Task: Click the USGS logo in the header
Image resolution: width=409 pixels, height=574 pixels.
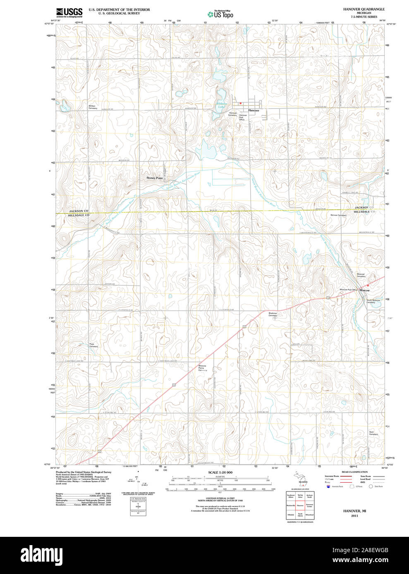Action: pyautogui.click(x=69, y=12)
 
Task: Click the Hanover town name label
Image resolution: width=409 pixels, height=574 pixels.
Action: pyautogui.click(x=254, y=111)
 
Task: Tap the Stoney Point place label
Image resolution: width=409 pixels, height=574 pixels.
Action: pyautogui.click(x=154, y=178)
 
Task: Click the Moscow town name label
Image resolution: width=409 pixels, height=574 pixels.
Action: pyautogui.click(x=364, y=290)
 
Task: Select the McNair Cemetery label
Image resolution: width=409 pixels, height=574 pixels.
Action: pyautogui.click(x=93, y=107)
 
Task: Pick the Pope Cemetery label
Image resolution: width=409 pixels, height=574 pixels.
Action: pyautogui.click(x=93, y=345)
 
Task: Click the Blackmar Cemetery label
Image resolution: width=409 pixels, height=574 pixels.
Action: pyautogui.click(x=273, y=314)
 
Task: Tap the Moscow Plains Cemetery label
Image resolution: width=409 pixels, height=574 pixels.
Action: pyautogui.click(x=202, y=368)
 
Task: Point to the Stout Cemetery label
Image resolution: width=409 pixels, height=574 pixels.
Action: pyautogui.click(x=373, y=433)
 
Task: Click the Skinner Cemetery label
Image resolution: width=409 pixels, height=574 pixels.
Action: pyautogui.click(x=338, y=215)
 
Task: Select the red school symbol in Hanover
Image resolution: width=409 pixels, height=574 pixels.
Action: pyautogui.click(x=240, y=103)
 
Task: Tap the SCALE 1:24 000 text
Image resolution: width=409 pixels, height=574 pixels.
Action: pyautogui.click(x=220, y=472)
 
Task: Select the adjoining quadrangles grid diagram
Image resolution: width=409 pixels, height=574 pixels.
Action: pyautogui.click(x=300, y=505)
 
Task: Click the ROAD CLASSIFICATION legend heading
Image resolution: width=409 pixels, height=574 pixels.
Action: pyautogui.click(x=354, y=472)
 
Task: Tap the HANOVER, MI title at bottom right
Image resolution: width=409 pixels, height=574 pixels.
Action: pyautogui.click(x=354, y=511)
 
